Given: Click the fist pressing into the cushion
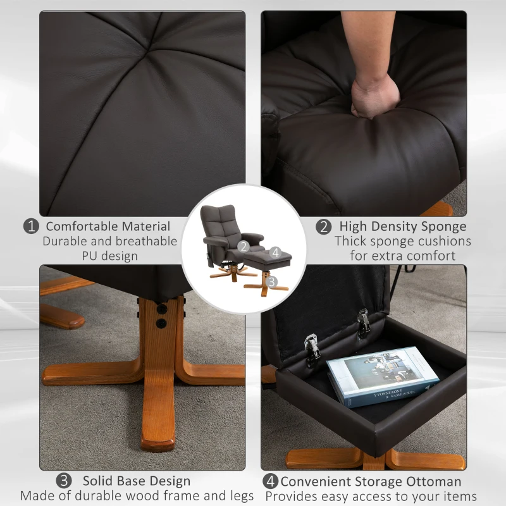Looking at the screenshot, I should pyautogui.click(x=375, y=94).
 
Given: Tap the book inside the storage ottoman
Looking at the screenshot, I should pyautogui.click(x=382, y=376).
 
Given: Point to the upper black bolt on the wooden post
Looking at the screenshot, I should pyautogui.click(x=160, y=309).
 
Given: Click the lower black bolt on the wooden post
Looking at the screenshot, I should pyautogui.click(x=160, y=323).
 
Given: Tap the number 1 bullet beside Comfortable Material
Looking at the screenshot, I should pyautogui.click(x=31, y=226).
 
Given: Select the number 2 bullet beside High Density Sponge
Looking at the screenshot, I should pyautogui.click(x=323, y=226).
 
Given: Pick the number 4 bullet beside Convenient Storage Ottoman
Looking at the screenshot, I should pyautogui.click(x=271, y=481).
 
